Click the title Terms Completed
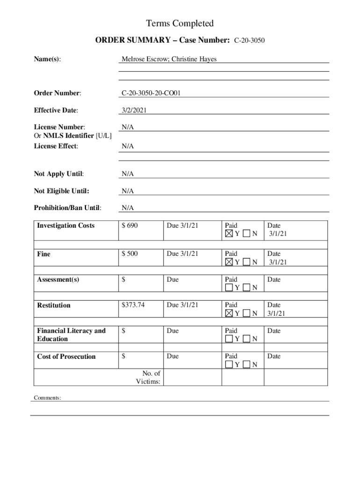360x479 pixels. click(x=180, y=23)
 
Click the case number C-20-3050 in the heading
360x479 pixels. click(x=249, y=41)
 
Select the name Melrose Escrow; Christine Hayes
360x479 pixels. click(x=169, y=59)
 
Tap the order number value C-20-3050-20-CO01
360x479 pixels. click(x=151, y=94)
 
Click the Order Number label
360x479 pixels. click(x=57, y=94)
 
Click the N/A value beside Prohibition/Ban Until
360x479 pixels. click(x=128, y=208)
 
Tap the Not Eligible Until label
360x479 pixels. click(x=61, y=191)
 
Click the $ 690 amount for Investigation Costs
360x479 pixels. click(x=130, y=226)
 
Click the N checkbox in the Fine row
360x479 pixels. click(x=246, y=262)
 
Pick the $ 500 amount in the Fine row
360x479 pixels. click(x=130, y=254)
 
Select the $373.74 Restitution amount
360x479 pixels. click(x=133, y=305)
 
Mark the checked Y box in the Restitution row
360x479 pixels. click(x=229, y=313)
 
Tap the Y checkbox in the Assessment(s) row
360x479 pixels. click(x=229, y=288)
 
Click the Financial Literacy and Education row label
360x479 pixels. click(x=71, y=335)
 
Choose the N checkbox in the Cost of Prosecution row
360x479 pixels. click(x=246, y=364)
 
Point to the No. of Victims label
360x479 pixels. click(x=148, y=377)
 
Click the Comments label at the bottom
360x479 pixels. click(x=47, y=398)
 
